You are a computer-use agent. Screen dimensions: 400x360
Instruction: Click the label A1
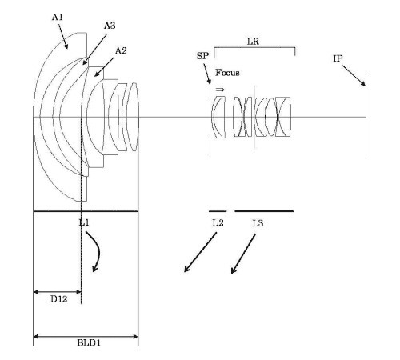coord(58,18)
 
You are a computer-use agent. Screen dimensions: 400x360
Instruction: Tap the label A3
coord(110,26)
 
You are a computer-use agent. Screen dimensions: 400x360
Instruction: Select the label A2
coord(121,50)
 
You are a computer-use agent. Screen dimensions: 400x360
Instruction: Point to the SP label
coord(202,56)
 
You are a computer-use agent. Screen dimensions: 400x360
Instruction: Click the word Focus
coord(227,73)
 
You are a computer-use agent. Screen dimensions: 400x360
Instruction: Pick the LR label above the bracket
coord(253,42)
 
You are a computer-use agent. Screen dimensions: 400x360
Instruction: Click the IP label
coord(338,58)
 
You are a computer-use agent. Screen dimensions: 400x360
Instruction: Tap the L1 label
coord(84,222)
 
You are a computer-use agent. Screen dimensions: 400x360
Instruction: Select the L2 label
coord(218,222)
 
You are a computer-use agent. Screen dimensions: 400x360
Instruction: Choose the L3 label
coord(258,223)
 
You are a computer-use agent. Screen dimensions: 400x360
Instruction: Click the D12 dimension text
coord(58,299)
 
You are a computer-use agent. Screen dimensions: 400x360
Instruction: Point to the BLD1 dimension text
coord(89,342)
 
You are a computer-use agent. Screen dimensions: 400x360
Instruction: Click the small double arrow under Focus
coord(220,90)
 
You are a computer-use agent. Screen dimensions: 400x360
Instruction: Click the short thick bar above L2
coord(218,211)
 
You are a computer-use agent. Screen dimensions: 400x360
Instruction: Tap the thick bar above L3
coord(264,211)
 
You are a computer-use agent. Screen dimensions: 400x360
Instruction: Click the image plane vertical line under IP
coord(366,117)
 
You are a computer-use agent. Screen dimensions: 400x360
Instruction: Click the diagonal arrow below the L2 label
coord(200,252)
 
